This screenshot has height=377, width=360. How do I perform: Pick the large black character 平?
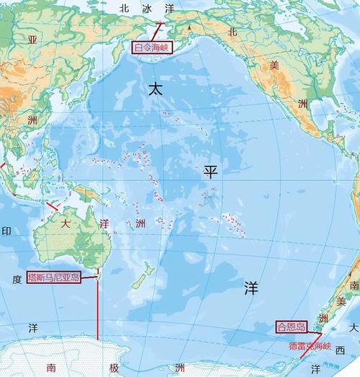coord(210,171)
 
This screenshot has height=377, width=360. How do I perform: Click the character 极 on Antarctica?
coord(113,368)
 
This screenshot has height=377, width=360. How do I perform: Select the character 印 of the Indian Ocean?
coord(6,231)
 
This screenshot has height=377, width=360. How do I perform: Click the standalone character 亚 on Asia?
coord(32,38)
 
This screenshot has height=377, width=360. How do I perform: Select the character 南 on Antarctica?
coord(51,368)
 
